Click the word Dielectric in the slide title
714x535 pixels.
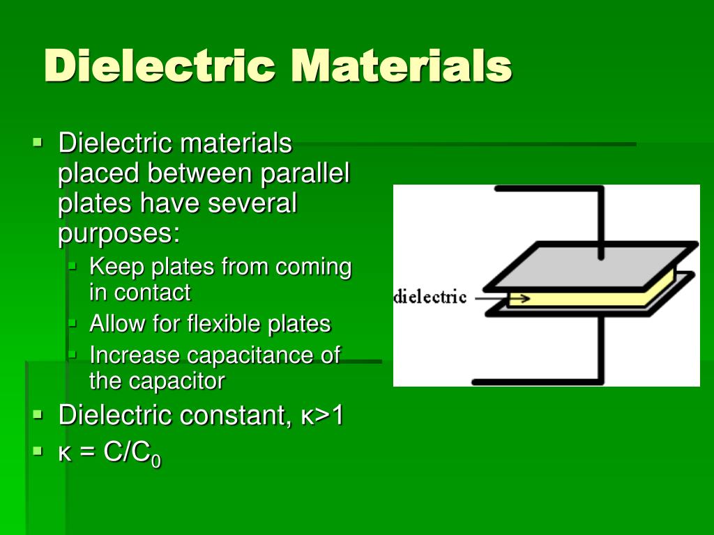pos(160,67)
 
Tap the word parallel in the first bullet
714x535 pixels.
pos(305,173)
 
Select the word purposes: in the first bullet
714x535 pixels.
pos(119,233)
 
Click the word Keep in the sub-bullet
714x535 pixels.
pos(117,267)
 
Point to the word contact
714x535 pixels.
pos(151,293)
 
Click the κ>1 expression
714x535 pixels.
pos(322,415)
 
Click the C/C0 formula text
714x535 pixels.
pos(132,453)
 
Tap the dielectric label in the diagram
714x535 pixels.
pos(430,298)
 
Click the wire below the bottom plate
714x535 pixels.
pos(601,355)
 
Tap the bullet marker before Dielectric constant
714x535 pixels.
pos(38,415)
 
